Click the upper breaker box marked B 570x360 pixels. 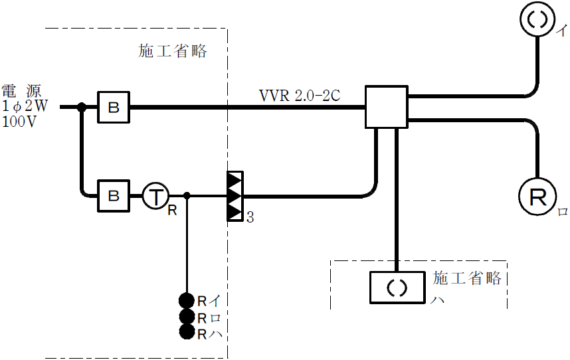pos(114,106)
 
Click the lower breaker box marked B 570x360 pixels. pos(114,196)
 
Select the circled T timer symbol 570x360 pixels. pos(156,196)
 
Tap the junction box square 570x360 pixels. pos(386,106)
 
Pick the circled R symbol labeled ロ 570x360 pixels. pos(536,196)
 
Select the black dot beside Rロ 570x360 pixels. pos(187,316)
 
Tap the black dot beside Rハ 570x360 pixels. pos(187,332)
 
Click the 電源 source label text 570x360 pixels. pos(21,91)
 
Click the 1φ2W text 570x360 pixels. pos(25,106)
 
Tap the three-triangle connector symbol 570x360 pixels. pos(235,197)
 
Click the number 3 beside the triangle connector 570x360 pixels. pos(250,217)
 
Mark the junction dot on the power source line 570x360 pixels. pos(82,106)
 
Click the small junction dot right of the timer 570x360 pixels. pos(187,196)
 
